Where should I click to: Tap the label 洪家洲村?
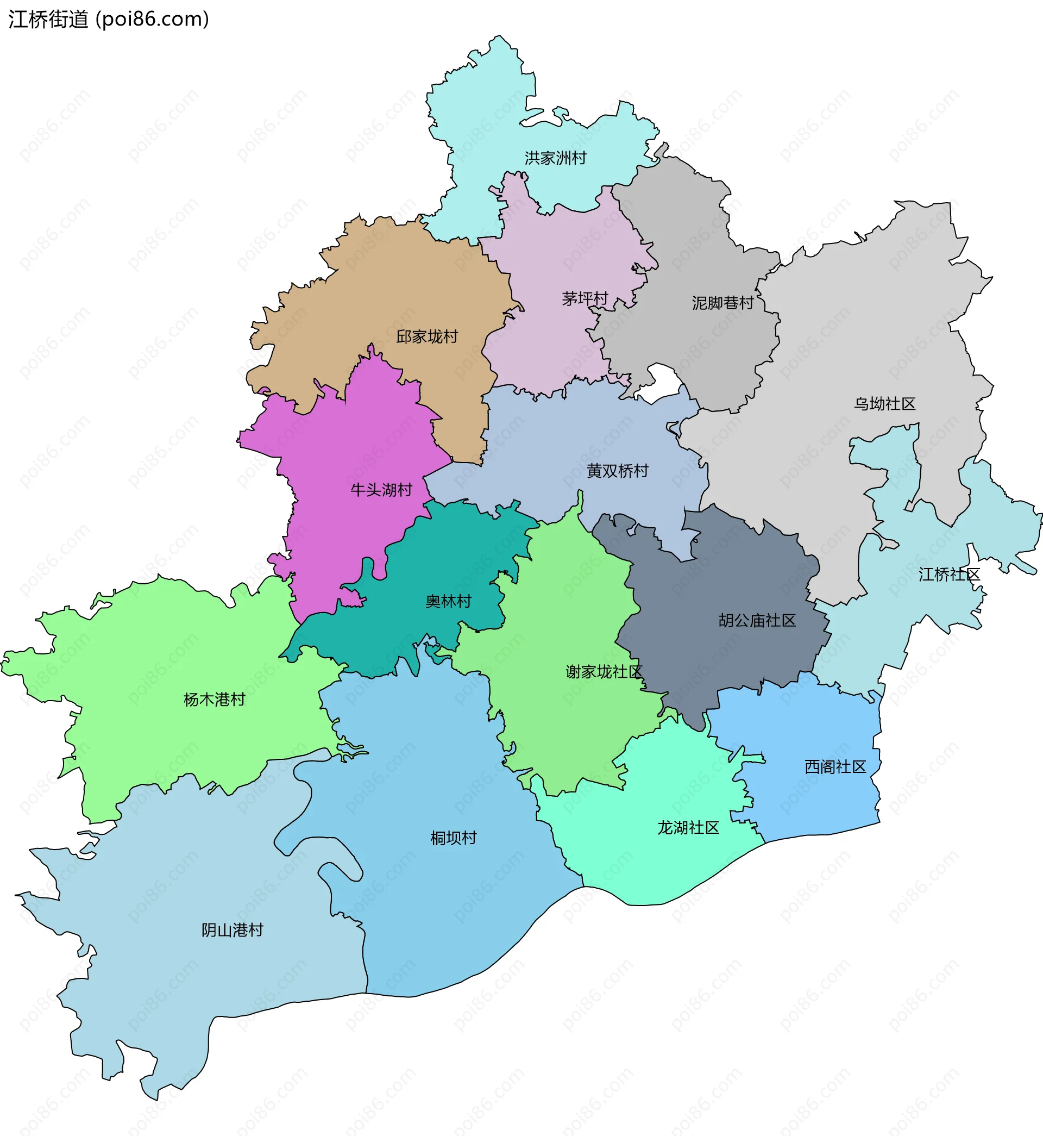coord(555,158)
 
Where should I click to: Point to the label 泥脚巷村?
coord(722,303)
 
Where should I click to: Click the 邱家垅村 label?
coord(426,337)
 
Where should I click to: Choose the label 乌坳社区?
coord(884,404)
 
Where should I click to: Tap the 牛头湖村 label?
coord(381,490)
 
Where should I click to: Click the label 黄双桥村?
coord(618,471)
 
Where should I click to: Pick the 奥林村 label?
coord(448,601)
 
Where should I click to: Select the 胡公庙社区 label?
coord(757,621)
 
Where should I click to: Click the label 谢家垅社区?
coord(604,671)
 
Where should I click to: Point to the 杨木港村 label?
coord(215,700)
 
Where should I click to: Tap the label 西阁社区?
coord(835,767)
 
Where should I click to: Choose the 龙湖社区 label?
coord(688,828)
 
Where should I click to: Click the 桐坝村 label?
coord(453,838)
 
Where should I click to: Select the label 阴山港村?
coord(233,930)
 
